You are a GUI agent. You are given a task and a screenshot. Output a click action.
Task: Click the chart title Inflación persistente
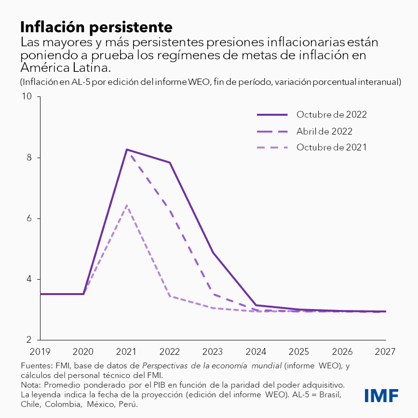click(x=96, y=25)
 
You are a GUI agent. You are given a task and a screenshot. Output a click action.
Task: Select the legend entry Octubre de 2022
click(x=332, y=115)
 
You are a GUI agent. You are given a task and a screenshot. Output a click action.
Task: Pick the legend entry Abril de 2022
click(x=324, y=131)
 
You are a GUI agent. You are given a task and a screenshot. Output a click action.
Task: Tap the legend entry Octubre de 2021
click(x=332, y=147)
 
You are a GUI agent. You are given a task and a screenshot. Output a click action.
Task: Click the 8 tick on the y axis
click(x=29, y=158)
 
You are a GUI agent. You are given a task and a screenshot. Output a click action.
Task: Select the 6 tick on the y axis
click(x=29, y=218)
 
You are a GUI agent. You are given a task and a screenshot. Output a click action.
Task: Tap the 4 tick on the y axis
click(x=29, y=279)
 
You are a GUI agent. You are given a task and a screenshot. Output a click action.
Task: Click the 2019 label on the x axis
click(x=40, y=351)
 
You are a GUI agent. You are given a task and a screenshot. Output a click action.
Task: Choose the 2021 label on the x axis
click(x=126, y=351)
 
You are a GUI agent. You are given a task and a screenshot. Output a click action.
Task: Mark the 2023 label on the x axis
click(x=213, y=351)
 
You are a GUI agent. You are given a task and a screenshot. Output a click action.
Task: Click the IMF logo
click(x=381, y=395)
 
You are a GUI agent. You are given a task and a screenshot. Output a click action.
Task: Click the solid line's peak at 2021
click(x=127, y=149)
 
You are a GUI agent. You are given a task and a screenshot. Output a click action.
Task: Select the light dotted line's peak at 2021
click(x=127, y=205)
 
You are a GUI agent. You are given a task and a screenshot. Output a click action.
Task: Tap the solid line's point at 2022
click(x=170, y=162)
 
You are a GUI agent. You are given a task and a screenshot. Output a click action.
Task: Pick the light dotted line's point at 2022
click(x=170, y=296)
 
